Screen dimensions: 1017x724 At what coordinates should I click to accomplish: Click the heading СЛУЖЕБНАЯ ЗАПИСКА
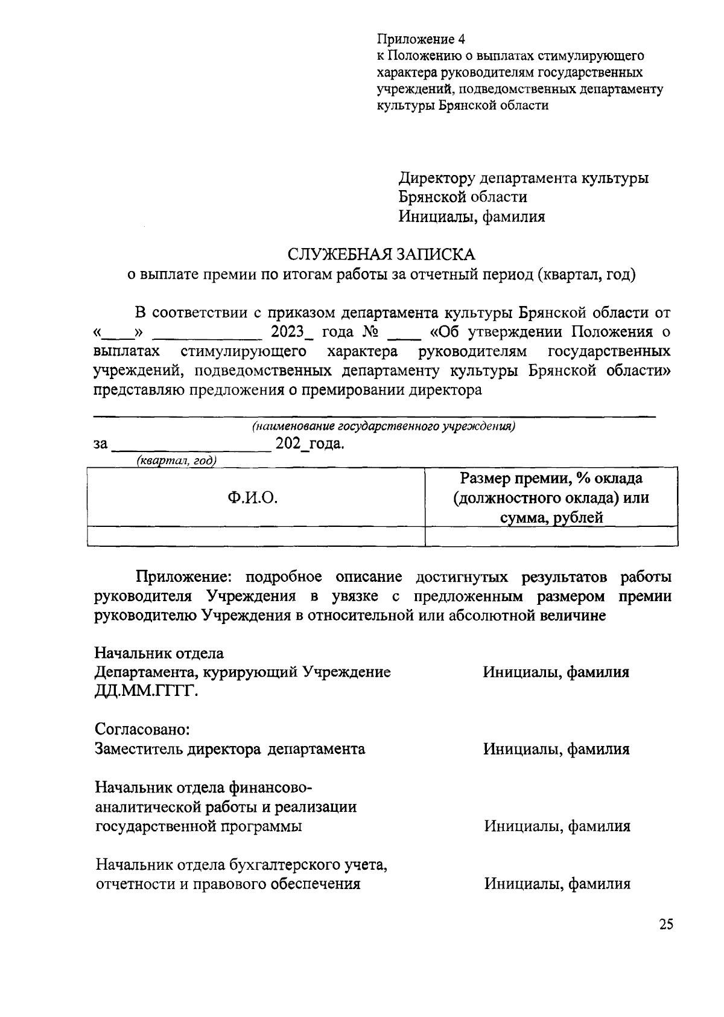pos(381,253)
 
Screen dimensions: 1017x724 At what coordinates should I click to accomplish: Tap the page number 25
pos(665,925)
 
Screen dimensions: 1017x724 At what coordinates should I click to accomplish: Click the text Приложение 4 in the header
pos(421,40)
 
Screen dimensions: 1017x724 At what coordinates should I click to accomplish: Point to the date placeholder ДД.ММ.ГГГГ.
pos(147,691)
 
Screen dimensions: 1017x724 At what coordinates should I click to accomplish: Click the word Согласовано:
pos(143,730)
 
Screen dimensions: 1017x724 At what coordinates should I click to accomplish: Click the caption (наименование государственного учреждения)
pos(383,426)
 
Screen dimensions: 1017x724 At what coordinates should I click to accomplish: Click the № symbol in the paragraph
pos(370,332)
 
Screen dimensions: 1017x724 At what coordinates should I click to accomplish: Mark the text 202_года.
pos(310,444)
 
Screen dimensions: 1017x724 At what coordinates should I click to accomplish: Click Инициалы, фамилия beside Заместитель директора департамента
pos(556,749)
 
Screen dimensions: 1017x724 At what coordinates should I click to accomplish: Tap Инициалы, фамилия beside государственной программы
pos(557,826)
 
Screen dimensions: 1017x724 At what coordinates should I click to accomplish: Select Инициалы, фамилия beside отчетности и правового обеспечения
pos(557,884)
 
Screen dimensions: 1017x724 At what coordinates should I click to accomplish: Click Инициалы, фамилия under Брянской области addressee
pos(471,217)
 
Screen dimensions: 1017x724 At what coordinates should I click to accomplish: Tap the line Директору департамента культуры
pos(524,179)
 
